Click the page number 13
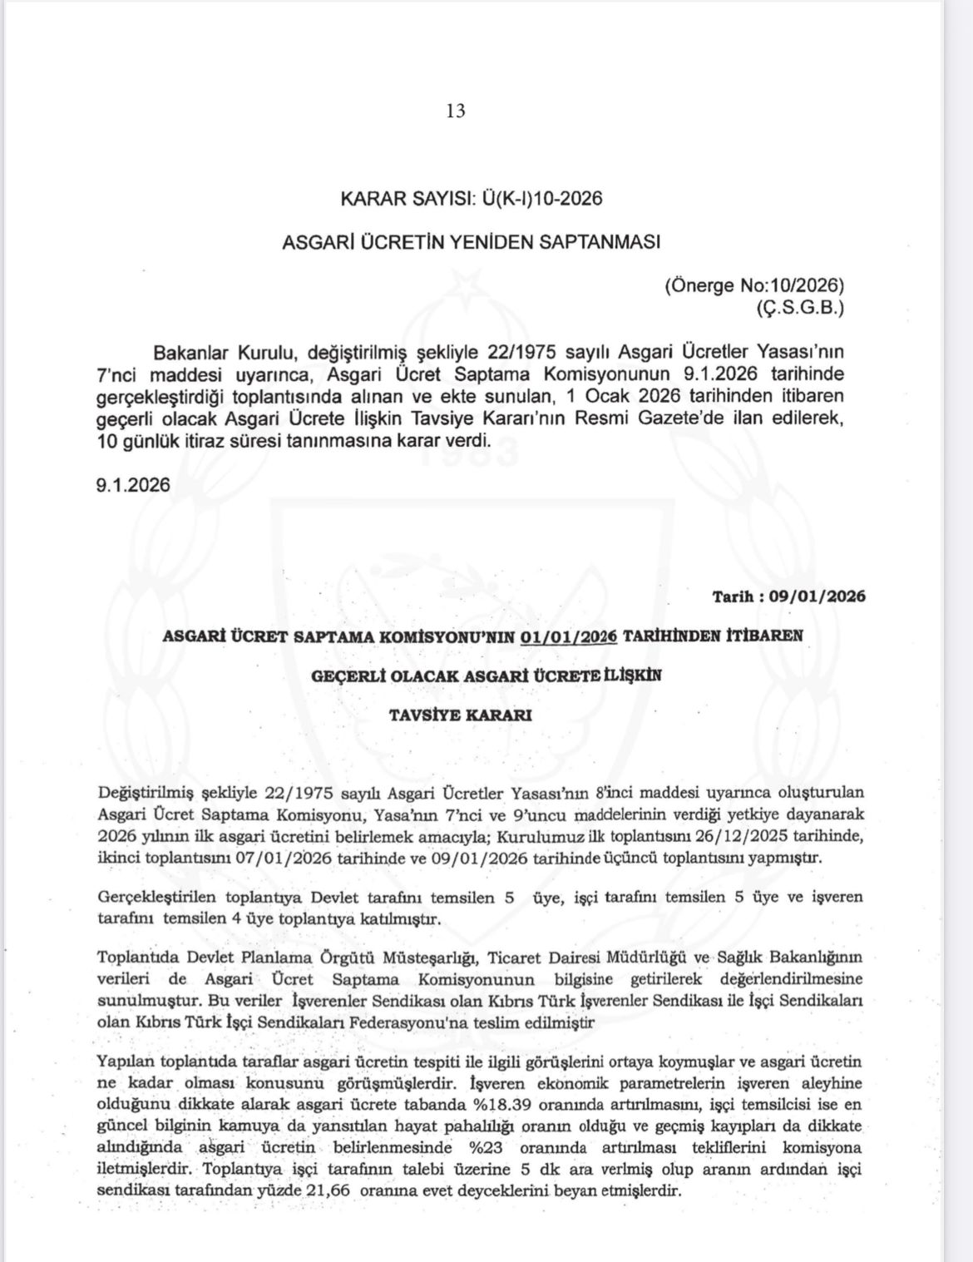coord(456,111)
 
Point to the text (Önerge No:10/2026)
coord(754,285)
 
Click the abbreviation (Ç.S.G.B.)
coord(799,308)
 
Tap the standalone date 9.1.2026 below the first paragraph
coord(133,485)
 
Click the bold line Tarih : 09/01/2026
coord(788,596)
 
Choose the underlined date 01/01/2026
coord(569,636)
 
